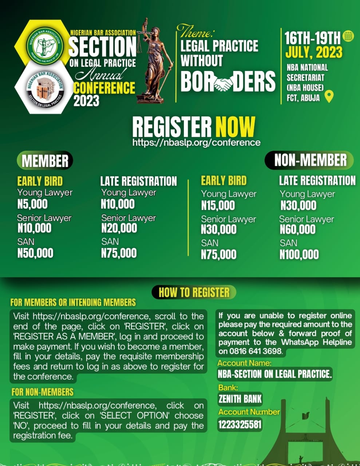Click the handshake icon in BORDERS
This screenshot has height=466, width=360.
[223, 83]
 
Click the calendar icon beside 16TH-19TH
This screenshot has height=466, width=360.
[348, 36]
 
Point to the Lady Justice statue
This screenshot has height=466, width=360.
[150, 62]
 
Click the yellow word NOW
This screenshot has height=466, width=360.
[235, 127]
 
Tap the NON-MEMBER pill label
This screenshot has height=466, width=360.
[310, 160]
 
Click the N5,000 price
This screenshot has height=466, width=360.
[32, 204]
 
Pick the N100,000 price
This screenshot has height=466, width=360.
[299, 254]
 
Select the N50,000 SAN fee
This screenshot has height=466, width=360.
[35, 253]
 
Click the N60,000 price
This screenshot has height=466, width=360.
[297, 229]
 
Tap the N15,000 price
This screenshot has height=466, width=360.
[218, 205]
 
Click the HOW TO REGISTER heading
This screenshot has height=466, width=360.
[194, 292]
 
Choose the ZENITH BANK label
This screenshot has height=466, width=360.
[240, 399]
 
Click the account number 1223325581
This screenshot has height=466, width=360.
[240, 424]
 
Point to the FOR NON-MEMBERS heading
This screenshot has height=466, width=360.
[42, 392]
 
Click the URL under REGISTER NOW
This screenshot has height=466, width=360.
[196, 142]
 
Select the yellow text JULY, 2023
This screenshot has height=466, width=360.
[314, 52]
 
